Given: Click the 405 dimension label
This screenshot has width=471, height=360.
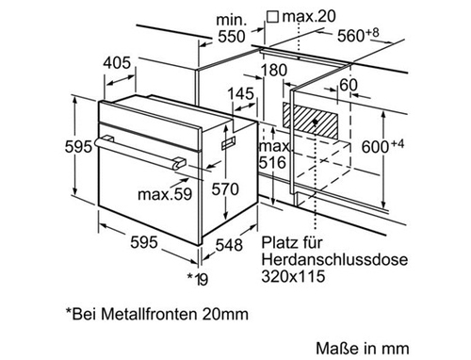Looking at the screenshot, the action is click(x=117, y=63).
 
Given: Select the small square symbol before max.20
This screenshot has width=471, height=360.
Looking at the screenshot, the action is click(x=272, y=17).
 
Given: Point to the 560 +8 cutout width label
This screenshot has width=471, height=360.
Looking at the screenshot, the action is click(x=358, y=35).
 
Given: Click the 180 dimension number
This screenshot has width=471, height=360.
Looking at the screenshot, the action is click(x=274, y=71).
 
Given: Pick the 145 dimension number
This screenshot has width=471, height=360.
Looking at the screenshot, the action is click(x=240, y=94).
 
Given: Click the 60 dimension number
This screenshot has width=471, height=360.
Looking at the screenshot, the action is click(x=349, y=85).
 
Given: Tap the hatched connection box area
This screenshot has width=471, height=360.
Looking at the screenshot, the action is click(x=310, y=121).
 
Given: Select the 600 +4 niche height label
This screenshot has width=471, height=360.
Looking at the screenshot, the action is click(x=382, y=146).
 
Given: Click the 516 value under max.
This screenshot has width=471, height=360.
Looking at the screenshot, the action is click(x=272, y=162).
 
